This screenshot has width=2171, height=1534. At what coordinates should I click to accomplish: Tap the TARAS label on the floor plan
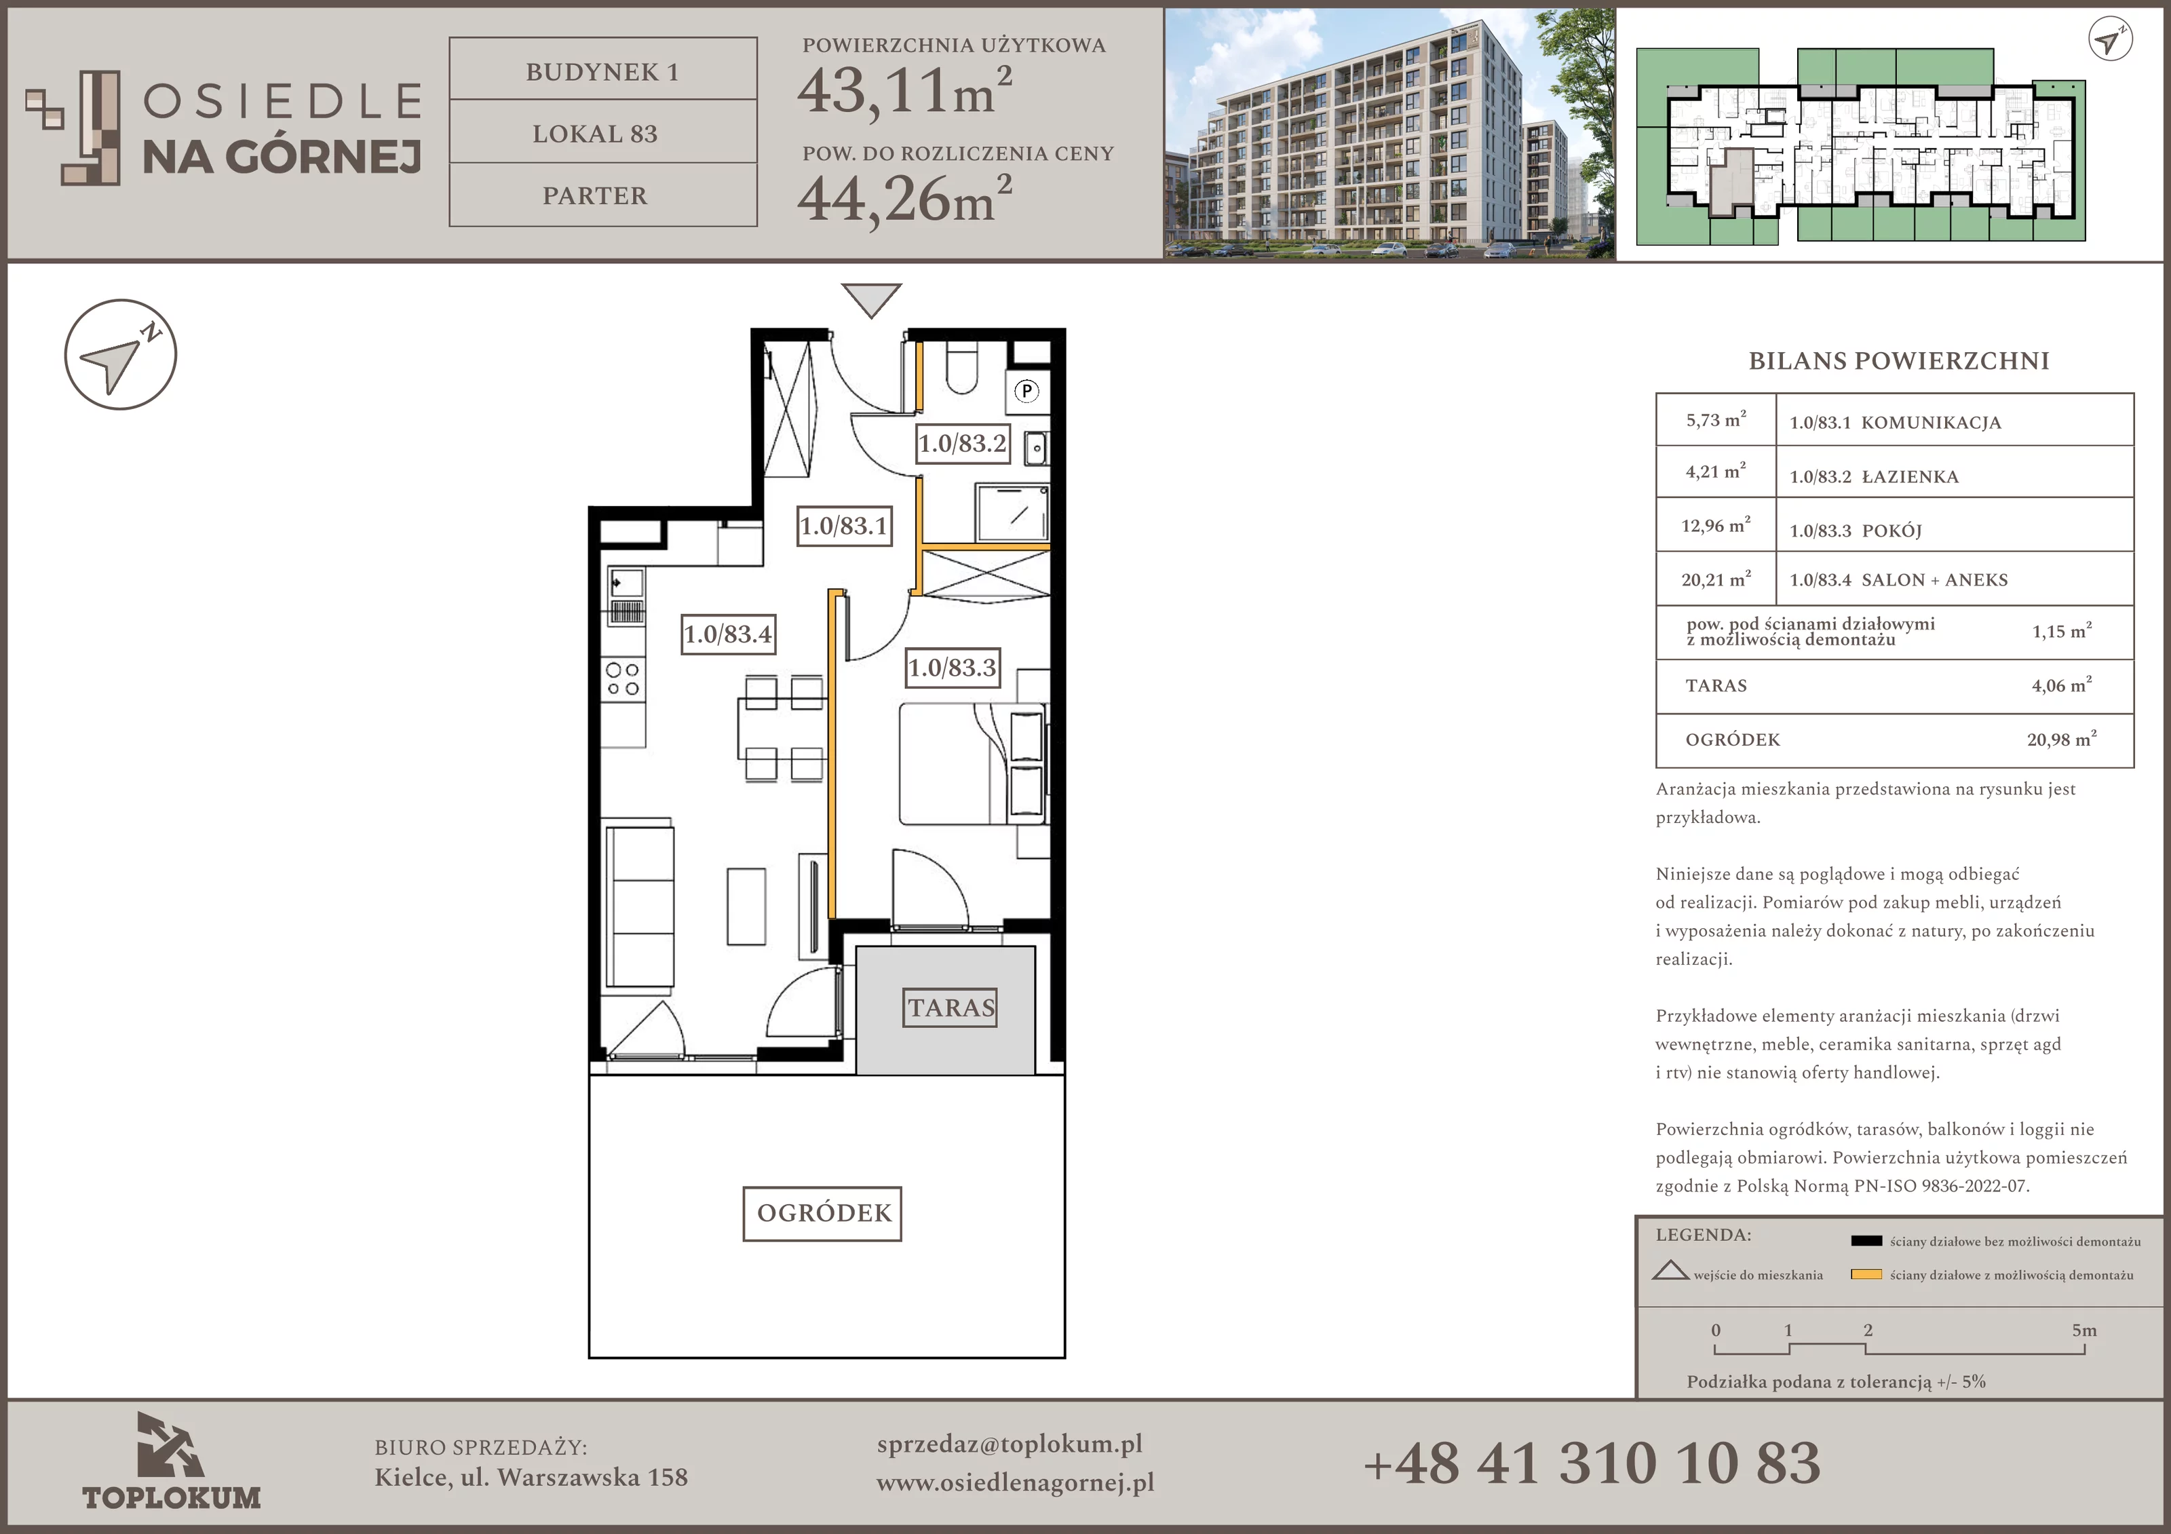pyautogui.click(x=951, y=1008)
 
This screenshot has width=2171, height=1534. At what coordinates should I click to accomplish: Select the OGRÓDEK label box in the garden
pyautogui.click(x=823, y=1213)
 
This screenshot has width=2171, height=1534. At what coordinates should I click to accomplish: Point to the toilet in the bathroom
pyautogui.click(x=961, y=369)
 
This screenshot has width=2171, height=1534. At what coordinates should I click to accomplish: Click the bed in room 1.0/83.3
pyautogui.click(x=972, y=763)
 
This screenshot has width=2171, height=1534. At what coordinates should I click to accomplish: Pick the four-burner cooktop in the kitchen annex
pyautogui.click(x=623, y=679)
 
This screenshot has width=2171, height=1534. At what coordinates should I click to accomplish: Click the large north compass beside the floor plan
pyautogui.click(x=120, y=355)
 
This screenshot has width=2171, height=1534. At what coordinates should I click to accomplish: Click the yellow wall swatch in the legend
pyautogui.click(x=1866, y=1274)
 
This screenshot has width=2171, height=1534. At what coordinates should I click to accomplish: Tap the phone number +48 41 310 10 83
pyautogui.click(x=1592, y=1463)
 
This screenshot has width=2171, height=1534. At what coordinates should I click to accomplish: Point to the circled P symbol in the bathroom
pyautogui.click(x=1027, y=391)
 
